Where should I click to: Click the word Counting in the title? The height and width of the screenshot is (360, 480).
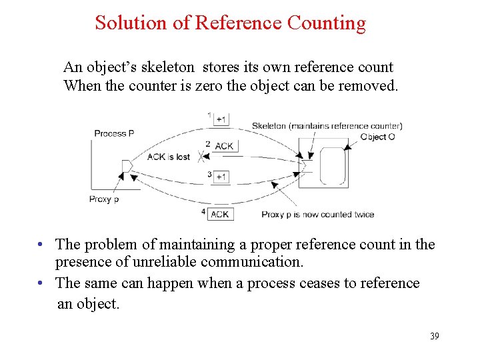326,23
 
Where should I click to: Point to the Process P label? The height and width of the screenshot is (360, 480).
114,133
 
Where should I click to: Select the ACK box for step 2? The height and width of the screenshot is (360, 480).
224,145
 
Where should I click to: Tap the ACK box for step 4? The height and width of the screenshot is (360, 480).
220,214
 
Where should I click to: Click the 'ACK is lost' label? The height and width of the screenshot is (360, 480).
168,157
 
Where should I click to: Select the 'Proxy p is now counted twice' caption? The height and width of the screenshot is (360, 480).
317,215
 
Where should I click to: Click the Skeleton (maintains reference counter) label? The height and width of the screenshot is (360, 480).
327,126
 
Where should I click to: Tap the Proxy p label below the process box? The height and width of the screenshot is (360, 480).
104,199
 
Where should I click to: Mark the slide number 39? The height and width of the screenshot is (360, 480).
434,336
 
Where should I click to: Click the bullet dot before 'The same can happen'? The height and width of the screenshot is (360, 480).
41,283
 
